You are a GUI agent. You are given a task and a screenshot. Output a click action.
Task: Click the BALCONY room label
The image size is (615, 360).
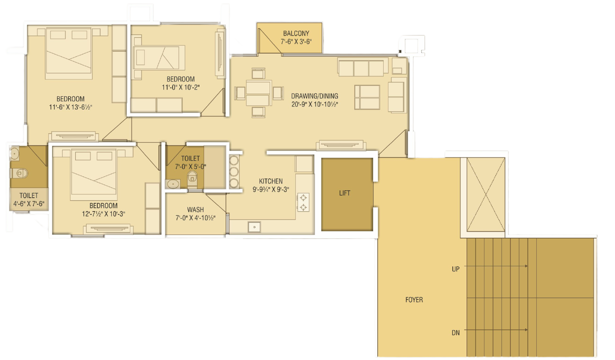point(296,33)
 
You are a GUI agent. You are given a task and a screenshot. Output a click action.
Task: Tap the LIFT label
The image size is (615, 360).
point(344,193)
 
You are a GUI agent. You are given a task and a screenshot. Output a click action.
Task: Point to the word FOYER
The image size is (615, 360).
point(414,300)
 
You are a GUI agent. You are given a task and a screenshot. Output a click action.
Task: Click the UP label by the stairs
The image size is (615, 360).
point(456,269)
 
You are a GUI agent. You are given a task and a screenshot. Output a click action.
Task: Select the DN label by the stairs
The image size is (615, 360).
point(456,333)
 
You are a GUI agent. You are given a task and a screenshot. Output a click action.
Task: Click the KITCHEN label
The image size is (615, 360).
point(271,181)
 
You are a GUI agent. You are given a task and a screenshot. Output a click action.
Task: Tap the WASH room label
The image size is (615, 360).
point(196,210)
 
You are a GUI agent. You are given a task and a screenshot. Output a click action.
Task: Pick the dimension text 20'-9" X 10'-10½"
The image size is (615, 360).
point(315,105)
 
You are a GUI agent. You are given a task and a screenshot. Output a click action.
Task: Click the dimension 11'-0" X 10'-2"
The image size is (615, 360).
point(181,88)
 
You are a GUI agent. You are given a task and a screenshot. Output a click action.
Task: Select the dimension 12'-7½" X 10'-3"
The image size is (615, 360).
point(103,214)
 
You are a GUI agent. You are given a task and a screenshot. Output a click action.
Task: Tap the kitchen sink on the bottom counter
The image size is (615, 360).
point(254,227)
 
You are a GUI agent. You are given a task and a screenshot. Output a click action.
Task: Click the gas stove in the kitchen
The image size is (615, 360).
point(303,202)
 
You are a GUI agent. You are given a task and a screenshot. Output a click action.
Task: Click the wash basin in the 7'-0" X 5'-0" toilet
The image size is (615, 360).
point(173,184)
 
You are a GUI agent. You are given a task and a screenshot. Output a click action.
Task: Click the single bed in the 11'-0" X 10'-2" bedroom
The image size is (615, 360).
point(159,57)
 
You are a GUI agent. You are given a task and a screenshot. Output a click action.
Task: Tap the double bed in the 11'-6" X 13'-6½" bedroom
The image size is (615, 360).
point(69,54)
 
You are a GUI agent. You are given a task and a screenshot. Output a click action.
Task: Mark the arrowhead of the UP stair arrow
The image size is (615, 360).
point(526,266)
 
